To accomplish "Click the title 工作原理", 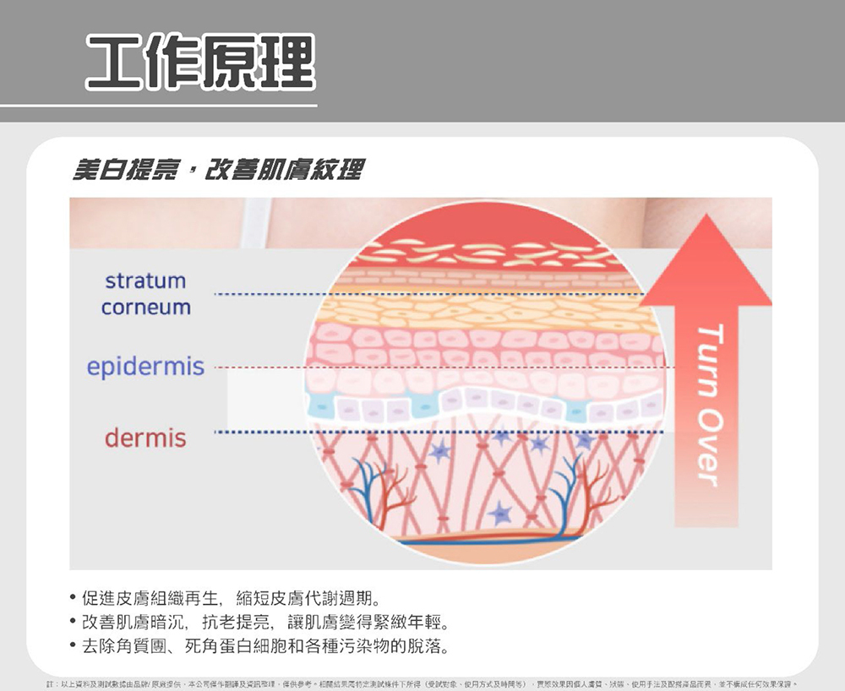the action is [200, 63].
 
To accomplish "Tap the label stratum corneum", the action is [145, 294].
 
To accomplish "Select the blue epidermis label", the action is [145, 367].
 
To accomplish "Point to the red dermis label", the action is [145, 438].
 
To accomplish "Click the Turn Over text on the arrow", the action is [709, 405].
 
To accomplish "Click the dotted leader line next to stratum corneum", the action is [262, 294].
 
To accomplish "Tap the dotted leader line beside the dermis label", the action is [262, 433].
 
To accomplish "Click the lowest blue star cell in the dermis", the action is [500, 513].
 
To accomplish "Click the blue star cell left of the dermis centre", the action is [439, 452].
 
